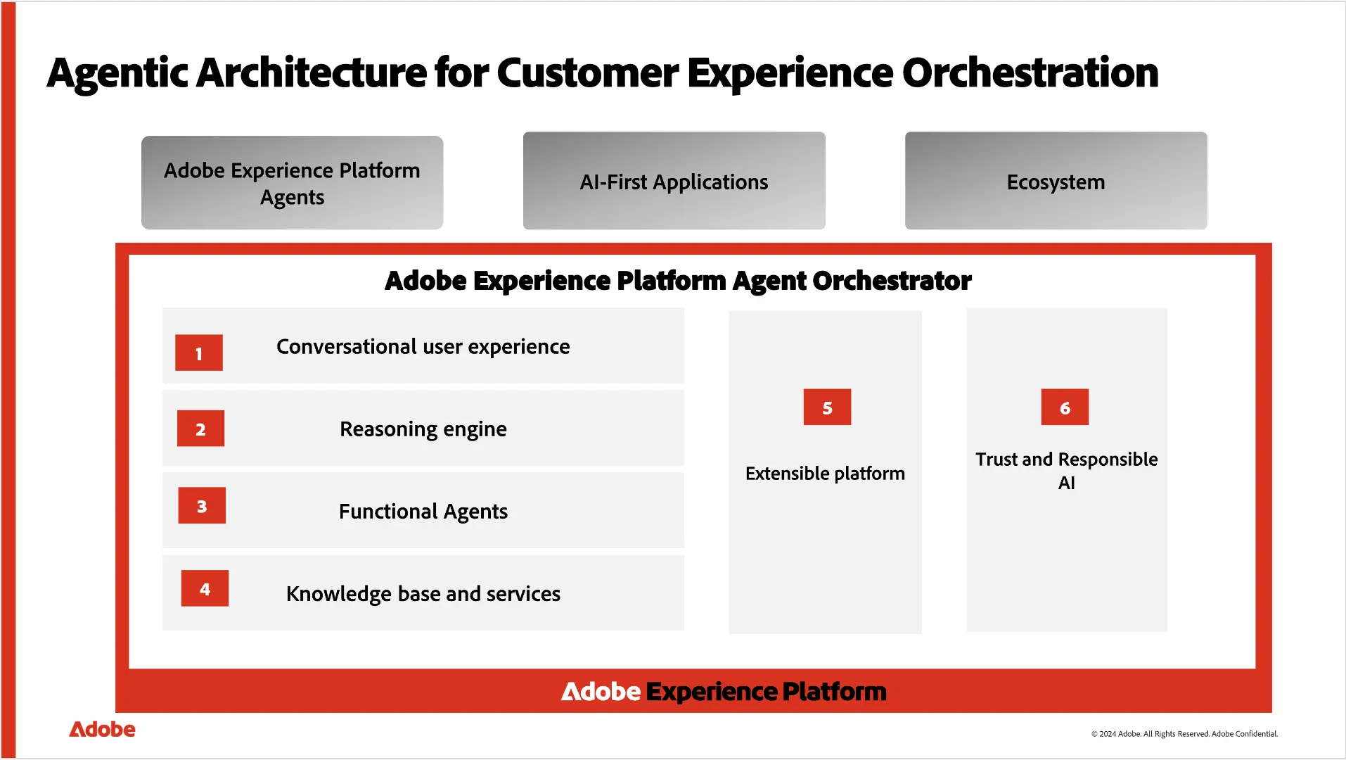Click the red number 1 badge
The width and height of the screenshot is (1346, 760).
click(199, 353)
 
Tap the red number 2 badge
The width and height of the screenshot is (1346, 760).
click(200, 429)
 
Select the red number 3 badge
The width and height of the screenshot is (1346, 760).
click(202, 505)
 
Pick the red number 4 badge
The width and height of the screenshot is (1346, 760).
click(205, 588)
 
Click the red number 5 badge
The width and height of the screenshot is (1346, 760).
click(827, 407)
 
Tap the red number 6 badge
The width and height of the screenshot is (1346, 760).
click(1065, 407)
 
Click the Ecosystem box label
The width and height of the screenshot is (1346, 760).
click(1056, 182)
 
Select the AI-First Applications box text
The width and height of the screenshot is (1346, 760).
click(674, 182)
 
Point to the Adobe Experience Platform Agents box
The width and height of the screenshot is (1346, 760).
click(292, 183)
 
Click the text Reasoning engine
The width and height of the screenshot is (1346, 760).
click(423, 429)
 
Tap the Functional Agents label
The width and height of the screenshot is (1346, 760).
click(423, 512)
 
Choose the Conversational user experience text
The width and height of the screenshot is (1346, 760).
click(423, 347)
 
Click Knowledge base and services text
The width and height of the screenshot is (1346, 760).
click(423, 594)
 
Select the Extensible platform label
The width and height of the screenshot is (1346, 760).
click(825, 474)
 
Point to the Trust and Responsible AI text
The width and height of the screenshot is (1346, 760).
click(1066, 470)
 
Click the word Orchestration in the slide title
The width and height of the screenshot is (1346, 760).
click(1030, 72)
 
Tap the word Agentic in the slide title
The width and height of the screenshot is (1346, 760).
click(117, 74)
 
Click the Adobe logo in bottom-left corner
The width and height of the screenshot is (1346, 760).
click(102, 730)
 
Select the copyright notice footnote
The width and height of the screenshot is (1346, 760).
click(1184, 734)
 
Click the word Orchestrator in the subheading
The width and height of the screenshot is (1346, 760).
click(892, 281)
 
